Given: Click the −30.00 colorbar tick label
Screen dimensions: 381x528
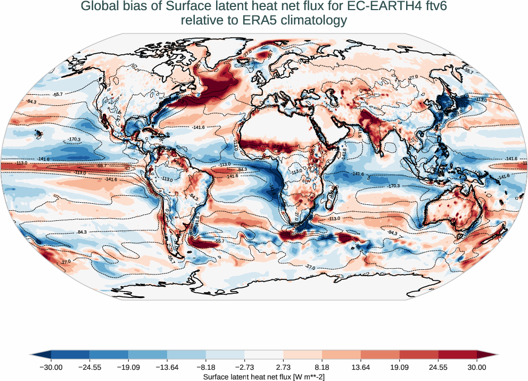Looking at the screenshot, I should (x=51, y=367).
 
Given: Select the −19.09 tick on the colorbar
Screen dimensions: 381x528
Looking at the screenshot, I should (x=128, y=367).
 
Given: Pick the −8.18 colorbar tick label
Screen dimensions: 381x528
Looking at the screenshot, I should (x=205, y=367).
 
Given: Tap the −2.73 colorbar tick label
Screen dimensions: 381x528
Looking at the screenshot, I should (x=244, y=367).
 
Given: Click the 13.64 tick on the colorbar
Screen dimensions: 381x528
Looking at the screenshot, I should (x=361, y=367).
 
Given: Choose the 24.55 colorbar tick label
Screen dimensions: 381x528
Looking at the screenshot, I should (x=438, y=367).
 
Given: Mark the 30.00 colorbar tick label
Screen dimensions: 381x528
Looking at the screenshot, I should (x=477, y=367).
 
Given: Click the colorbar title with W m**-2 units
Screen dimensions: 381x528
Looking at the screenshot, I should (x=264, y=377).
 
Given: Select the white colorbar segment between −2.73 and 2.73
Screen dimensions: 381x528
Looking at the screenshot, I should (x=264, y=354).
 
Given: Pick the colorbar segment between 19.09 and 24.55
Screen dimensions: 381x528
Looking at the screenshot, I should (x=419, y=354).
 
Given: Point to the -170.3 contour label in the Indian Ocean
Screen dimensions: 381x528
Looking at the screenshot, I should (x=394, y=186).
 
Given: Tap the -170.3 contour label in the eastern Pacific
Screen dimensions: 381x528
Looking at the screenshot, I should (x=74, y=139).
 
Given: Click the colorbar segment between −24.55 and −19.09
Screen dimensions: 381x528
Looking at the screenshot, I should (x=109, y=354).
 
